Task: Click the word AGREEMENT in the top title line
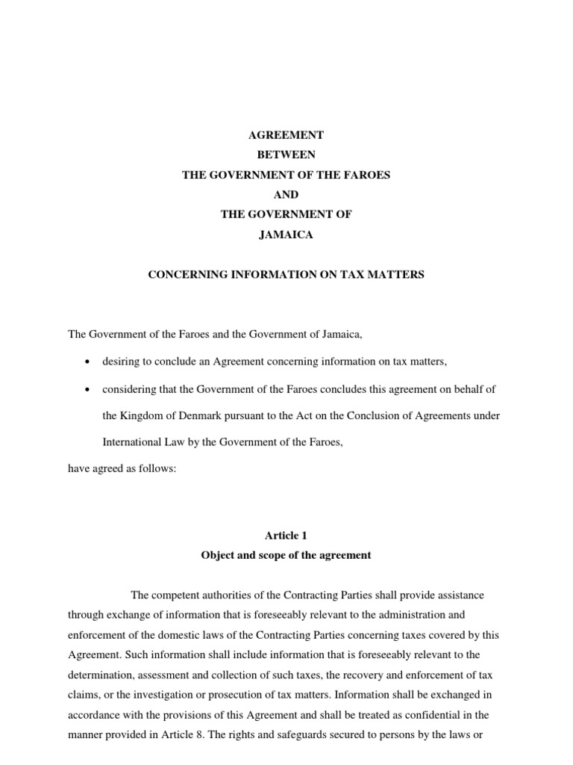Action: pos(286,135)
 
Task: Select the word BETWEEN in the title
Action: pos(286,155)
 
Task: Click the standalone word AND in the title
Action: pos(286,194)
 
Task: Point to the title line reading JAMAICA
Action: pos(286,235)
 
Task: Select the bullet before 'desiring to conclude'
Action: pos(88,362)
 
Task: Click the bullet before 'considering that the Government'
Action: pos(88,390)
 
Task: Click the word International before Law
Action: pos(132,442)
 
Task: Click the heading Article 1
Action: pos(286,536)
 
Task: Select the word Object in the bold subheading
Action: pos(218,556)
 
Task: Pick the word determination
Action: pos(99,654)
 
